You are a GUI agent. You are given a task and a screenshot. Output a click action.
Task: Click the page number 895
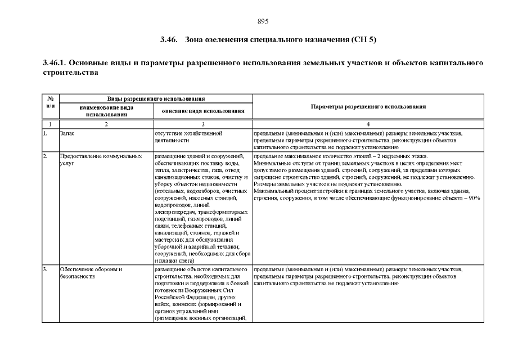click(263, 21)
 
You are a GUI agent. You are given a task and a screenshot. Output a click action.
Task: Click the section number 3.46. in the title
click(169, 40)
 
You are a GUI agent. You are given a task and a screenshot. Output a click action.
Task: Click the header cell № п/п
click(51, 102)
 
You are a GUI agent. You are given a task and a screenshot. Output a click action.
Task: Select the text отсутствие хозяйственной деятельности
click(186, 137)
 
